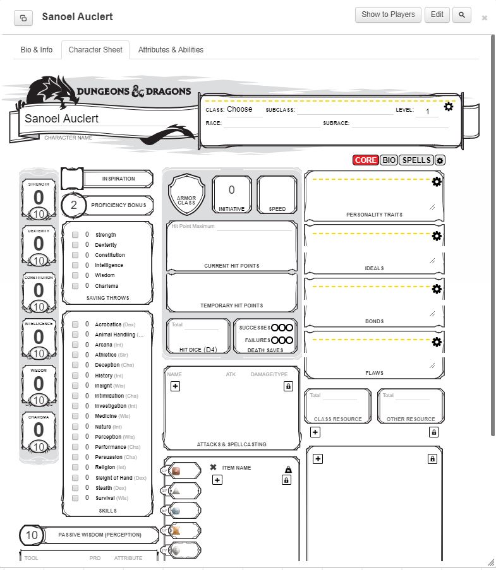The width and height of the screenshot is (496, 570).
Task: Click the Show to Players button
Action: point(388,15)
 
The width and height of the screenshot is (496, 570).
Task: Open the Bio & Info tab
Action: point(37,50)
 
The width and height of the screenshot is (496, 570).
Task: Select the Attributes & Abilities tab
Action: point(171,50)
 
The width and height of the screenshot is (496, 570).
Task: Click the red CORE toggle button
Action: point(365,160)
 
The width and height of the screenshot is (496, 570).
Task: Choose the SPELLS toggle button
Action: point(416,160)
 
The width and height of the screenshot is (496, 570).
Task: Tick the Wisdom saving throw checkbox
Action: point(75,276)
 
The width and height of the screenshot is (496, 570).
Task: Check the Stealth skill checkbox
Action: point(75,488)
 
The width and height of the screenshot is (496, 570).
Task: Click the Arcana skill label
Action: point(104,345)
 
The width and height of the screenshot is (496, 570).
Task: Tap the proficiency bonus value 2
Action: point(74,205)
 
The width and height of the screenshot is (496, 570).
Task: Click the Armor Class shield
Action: point(186,195)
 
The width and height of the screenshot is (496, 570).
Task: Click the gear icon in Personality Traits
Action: point(437,182)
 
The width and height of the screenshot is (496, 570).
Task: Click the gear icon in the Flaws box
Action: point(437,342)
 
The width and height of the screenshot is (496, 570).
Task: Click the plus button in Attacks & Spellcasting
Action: point(176,386)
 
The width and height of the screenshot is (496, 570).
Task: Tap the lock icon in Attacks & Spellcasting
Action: point(288,386)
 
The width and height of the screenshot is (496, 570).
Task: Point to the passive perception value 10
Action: point(32,535)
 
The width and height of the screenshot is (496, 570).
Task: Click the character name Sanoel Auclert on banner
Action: point(62,119)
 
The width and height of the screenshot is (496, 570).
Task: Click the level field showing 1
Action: point(427,112)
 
